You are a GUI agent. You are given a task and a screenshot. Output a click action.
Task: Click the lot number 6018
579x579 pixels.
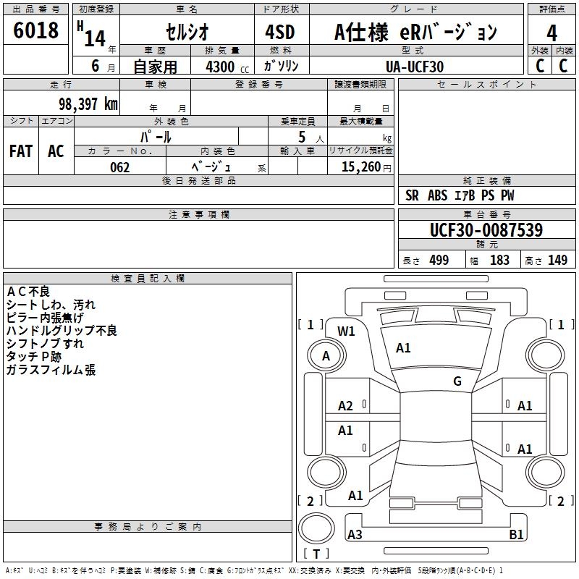(x=36, y=31)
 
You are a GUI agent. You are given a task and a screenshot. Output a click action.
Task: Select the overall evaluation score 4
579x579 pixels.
(x=551, y=33)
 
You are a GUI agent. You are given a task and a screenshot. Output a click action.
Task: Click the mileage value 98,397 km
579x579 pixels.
(x=88, y=103)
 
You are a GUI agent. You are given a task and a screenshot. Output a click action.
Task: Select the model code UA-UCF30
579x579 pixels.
(x=415, y=67)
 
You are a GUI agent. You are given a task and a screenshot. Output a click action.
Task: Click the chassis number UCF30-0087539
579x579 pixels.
(x=486, y=230)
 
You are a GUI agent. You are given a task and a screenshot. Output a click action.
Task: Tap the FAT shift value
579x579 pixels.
(x=20, y=151)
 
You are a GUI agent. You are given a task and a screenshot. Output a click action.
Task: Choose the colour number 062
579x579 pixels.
(x=119, y=167)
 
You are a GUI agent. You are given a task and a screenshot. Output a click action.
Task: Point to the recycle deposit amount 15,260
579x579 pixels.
(x=359, y=167)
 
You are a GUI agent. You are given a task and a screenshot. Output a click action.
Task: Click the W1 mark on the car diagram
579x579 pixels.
(x=346, y=331)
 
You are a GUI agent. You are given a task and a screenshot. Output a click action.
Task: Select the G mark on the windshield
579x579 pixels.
(x=457, y=381)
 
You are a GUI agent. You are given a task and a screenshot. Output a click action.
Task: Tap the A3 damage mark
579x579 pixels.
(x=355, y=534)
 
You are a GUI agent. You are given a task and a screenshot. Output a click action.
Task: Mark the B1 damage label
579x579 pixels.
(x=516, y=534)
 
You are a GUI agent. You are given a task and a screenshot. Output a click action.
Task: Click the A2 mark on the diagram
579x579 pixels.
(x=346, y=406)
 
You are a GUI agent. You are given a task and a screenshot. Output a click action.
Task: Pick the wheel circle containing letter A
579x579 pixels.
(x=326, y=355)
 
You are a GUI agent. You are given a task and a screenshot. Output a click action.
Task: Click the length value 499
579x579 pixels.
(x=439, y=261)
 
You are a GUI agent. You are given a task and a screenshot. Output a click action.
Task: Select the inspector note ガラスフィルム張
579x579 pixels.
(x=51, y=370)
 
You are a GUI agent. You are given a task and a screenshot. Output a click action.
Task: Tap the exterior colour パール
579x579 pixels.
(x=156, y=135)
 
